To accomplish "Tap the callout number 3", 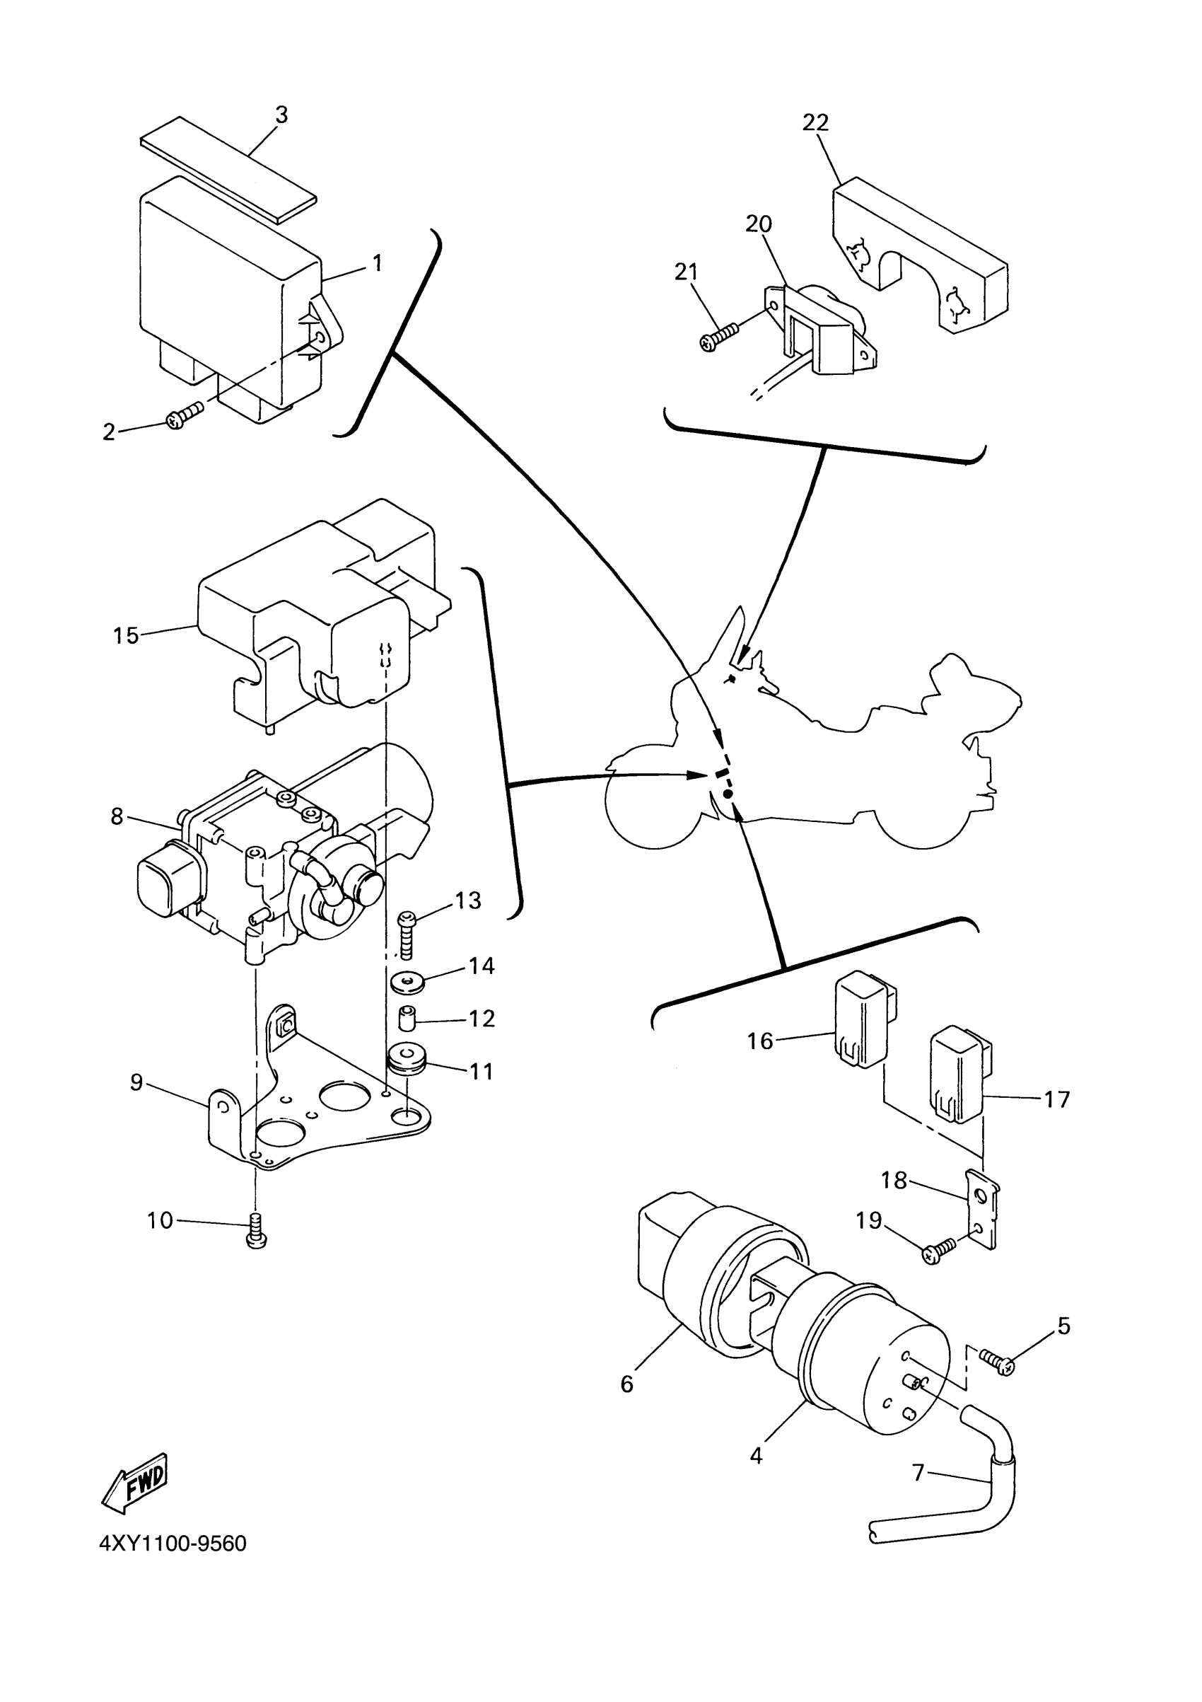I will click(281, 115).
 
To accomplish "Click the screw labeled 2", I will click(185, 415).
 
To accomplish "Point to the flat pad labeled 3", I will click(228, 168).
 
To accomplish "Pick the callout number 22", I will click(815, 122).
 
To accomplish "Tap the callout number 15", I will click(125, 635).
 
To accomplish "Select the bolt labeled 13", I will click(407, 934).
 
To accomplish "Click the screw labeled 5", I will click(998, 1362).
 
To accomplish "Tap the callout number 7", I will click(918, 1471).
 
